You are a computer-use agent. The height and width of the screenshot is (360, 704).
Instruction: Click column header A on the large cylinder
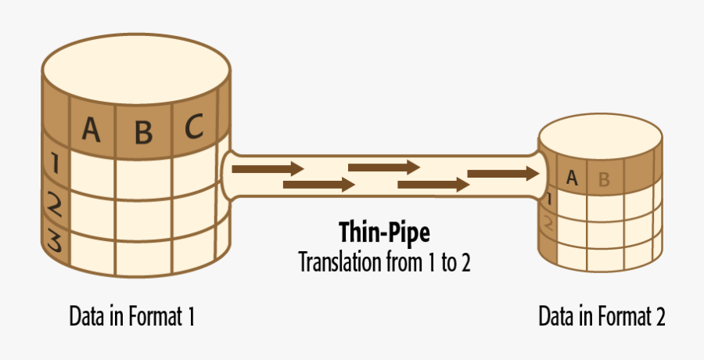[x=92, y=129]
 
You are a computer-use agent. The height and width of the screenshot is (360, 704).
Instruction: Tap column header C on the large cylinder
[x=194, y=126]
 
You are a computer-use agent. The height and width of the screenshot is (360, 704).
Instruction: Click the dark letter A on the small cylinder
[x=572, y=178]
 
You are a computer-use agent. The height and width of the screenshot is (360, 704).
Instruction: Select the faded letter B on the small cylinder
[x=603, y=179]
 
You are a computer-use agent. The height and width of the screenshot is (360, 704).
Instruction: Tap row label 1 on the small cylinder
[x=549, y=199]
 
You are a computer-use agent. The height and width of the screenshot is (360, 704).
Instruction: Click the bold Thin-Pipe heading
[x=384, y=232]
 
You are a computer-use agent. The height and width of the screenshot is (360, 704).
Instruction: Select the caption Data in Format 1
[x=131, y=317]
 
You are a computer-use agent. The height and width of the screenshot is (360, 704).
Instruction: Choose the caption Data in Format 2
[x=602, y=317]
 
